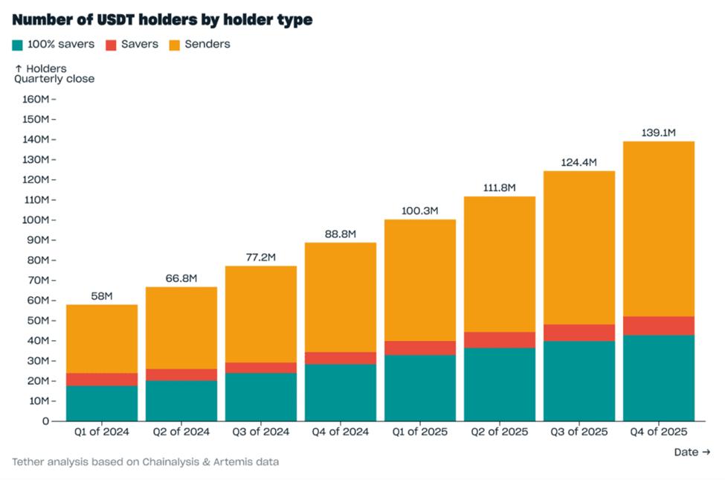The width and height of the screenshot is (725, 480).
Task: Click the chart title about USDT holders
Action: pos(162,20)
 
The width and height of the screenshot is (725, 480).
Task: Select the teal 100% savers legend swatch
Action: pos(19,45)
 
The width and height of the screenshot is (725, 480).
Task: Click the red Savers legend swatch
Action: pos(111,45)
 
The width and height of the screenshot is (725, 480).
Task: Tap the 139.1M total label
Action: pos(658,133)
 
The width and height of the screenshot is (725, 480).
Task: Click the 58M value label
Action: pos(102,296)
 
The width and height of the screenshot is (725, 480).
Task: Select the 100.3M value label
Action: pos(419,211)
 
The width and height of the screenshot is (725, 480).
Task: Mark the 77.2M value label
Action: pos(260,257)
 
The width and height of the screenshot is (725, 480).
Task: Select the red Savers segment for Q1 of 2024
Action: pos(102,380)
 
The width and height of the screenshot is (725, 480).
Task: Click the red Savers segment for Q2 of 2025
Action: pos(499,340)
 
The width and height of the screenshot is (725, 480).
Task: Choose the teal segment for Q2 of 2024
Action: pos(181,400)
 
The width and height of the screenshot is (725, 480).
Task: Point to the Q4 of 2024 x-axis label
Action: pos(340,432)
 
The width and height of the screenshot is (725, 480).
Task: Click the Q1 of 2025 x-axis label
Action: pos(419,432)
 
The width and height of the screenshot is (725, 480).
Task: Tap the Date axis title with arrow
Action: pos(692,452)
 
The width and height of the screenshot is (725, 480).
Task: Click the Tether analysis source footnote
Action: pos(146,462)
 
